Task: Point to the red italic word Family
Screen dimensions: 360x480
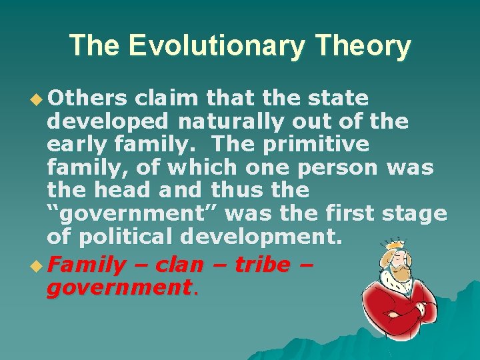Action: coord(86,265)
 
